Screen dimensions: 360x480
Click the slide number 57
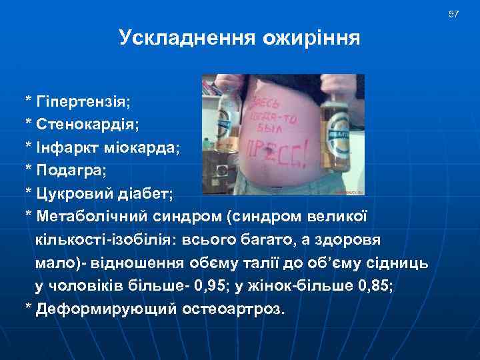coord(454,14)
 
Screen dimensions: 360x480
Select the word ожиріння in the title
coord(311,39)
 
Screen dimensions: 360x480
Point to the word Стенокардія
coord(87,124)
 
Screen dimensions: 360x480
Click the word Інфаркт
coord(63,147)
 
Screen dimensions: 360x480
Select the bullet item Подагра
coord(72,170)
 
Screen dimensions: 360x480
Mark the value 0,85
coord(375,287)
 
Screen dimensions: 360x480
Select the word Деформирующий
coord(105,310)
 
